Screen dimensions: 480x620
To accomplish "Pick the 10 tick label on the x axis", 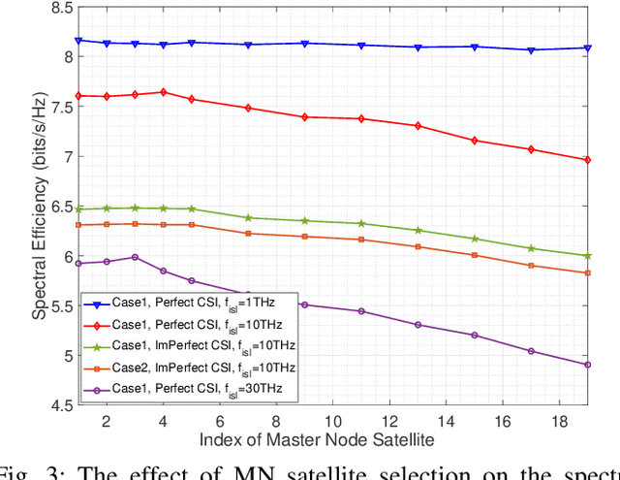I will [x=332, y=423].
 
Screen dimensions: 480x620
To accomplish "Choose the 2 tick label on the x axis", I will [x=107, y=423].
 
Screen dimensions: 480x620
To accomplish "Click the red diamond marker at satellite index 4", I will [x=163, y=92].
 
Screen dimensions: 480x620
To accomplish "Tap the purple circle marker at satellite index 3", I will [x=135, y=257].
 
